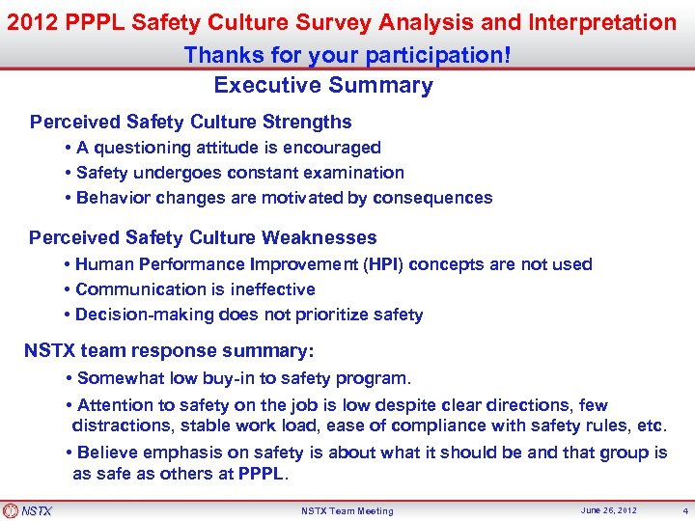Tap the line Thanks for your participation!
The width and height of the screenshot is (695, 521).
(x=347, y=54)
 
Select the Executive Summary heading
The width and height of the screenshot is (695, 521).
(x=323, y=85)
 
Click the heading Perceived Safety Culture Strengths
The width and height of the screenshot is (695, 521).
(x=190, y=123)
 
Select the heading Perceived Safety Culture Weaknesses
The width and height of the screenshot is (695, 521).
(x=203, y=237)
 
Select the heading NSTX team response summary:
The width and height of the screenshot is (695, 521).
(x=169, y=351)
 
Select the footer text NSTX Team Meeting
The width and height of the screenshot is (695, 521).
(x=347, y=511)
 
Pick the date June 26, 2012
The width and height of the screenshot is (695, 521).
(x=609, y=510)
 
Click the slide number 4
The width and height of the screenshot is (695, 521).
(x=685, y=510)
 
